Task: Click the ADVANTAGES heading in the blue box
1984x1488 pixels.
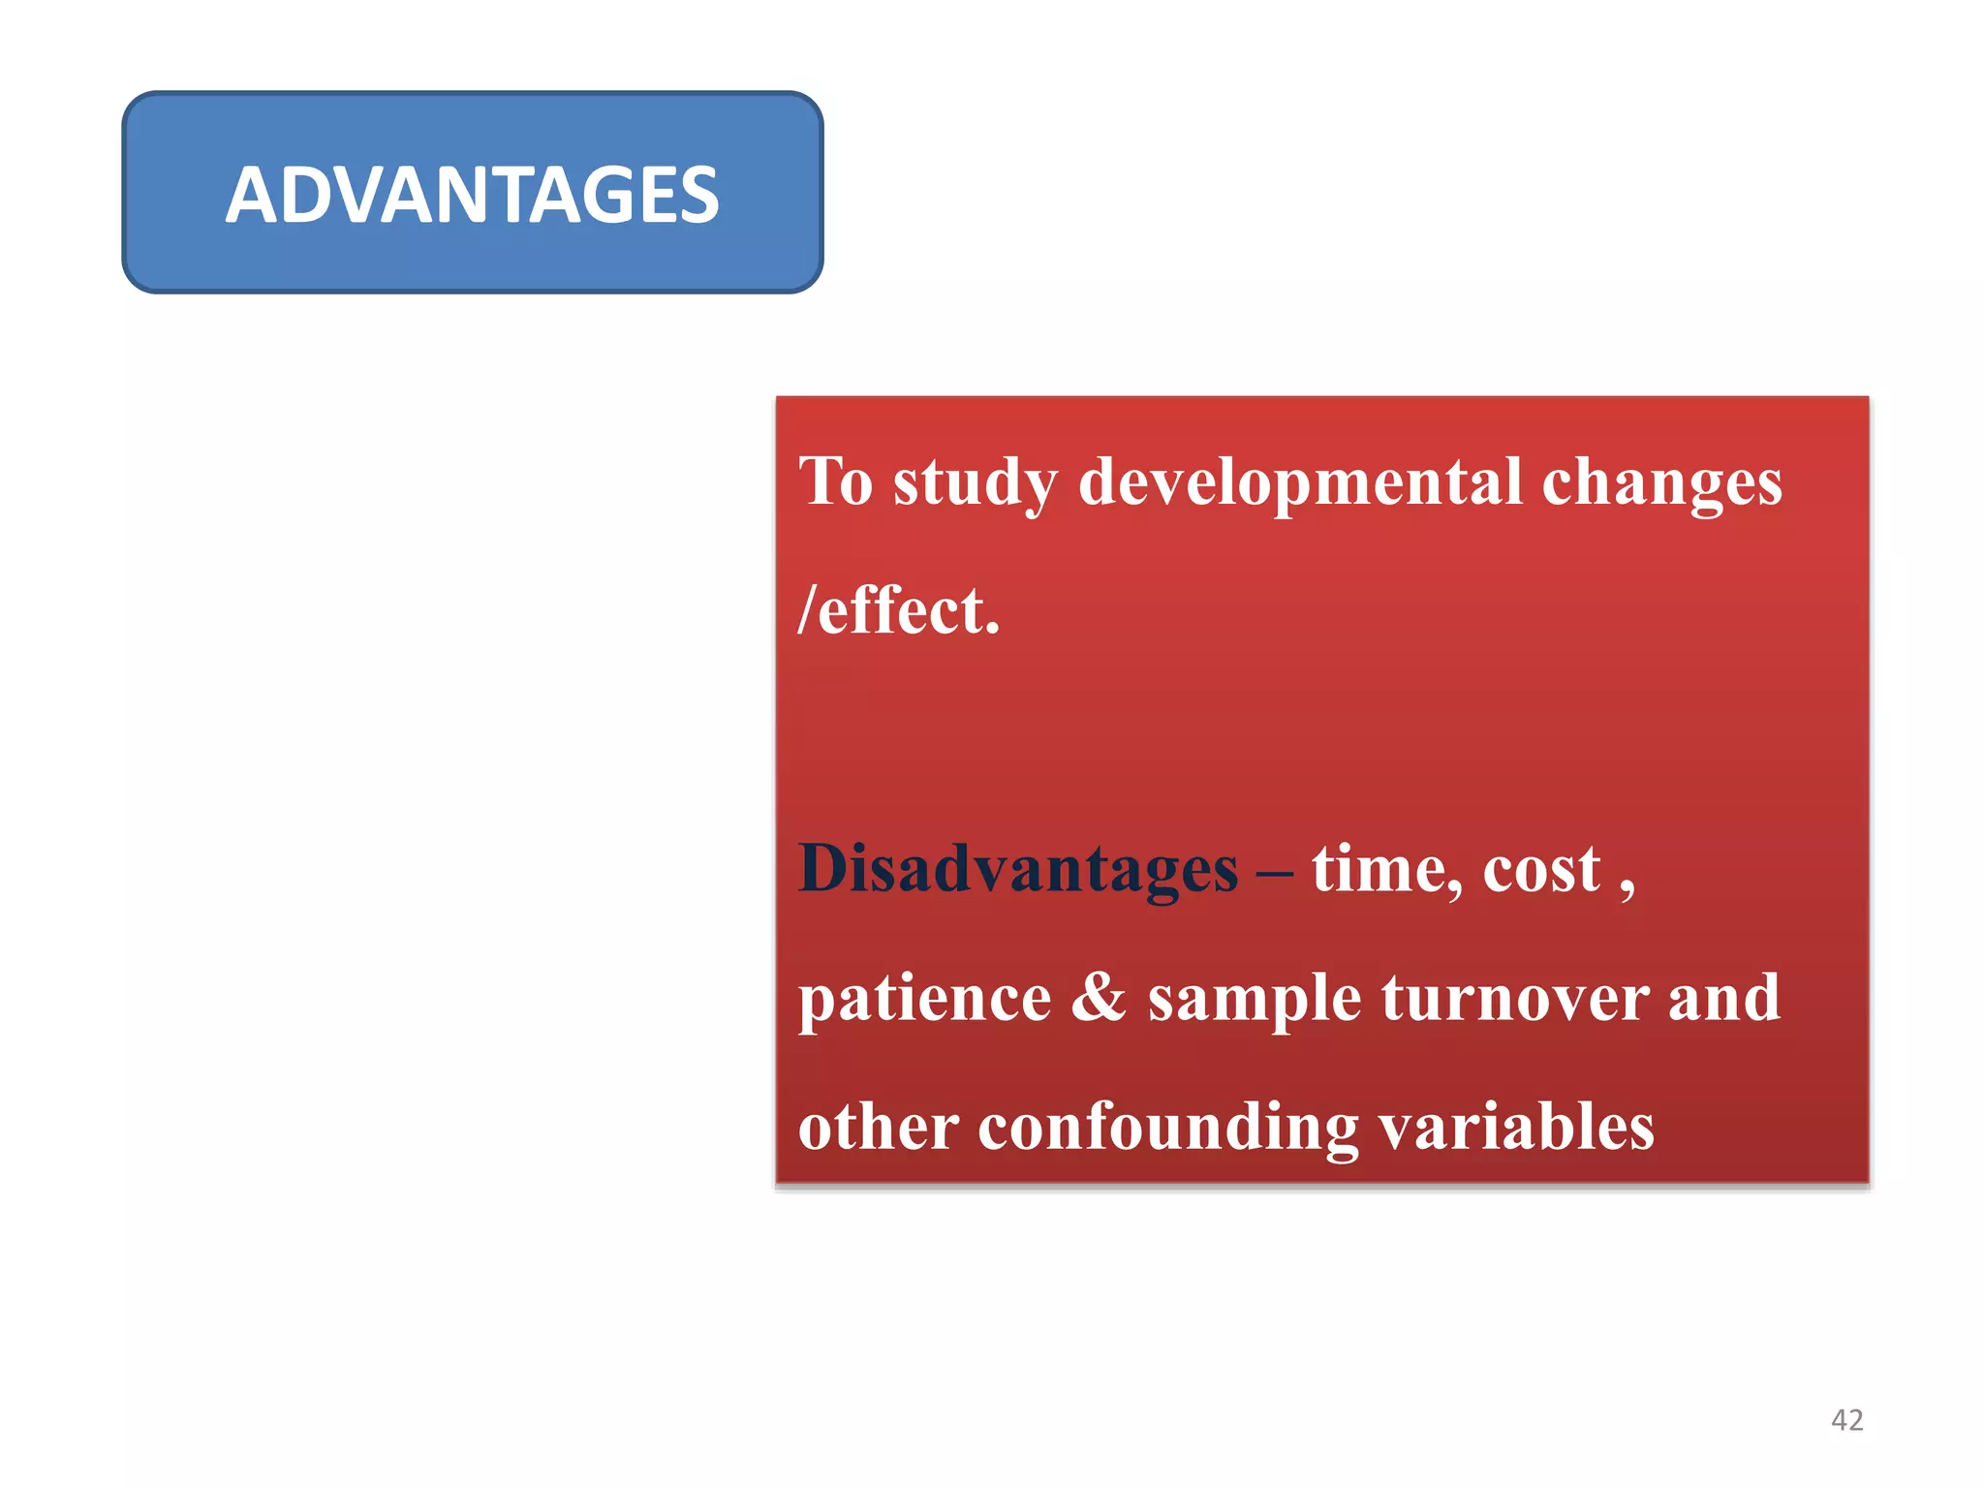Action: tap(472, 195)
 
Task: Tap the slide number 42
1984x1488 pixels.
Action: tap(1846, 1420)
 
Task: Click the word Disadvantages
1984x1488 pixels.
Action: tap(1017, 869)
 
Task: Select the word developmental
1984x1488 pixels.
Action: tap(1301, 481)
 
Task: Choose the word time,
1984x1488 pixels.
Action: tap(1386, 869)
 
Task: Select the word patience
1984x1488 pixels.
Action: tap(924, 1000)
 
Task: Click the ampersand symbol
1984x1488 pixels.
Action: tap(1099, 998)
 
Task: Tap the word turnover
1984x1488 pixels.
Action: tap(1515, 998)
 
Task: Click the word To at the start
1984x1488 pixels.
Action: tap(835, 481)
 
